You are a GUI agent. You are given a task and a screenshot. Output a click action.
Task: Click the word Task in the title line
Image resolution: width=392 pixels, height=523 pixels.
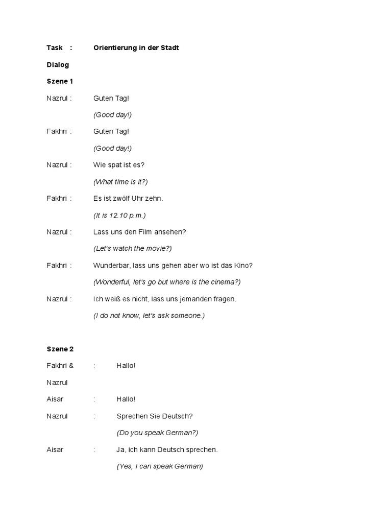(x=55, y=48)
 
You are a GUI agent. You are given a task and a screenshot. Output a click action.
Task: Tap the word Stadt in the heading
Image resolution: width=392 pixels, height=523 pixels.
(x=170, y=48)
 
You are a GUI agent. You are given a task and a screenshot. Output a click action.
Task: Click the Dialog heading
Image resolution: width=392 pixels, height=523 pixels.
(x=58, y=65)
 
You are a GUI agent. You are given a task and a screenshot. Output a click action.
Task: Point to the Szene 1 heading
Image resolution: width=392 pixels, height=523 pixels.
(x=60, y=81)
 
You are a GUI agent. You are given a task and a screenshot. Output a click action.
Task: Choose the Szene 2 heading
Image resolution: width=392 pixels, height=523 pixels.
(x=60, y=349)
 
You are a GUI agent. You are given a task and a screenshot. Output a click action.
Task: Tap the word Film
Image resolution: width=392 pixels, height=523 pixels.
(x=155, y=232)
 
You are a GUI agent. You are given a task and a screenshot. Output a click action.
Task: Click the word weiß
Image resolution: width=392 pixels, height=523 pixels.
(x=113, y=299)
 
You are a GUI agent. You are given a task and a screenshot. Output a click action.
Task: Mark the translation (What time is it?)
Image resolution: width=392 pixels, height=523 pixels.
(x=120, y=182)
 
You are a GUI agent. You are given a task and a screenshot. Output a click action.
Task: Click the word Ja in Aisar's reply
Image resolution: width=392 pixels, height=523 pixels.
(x=120, y=449)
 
